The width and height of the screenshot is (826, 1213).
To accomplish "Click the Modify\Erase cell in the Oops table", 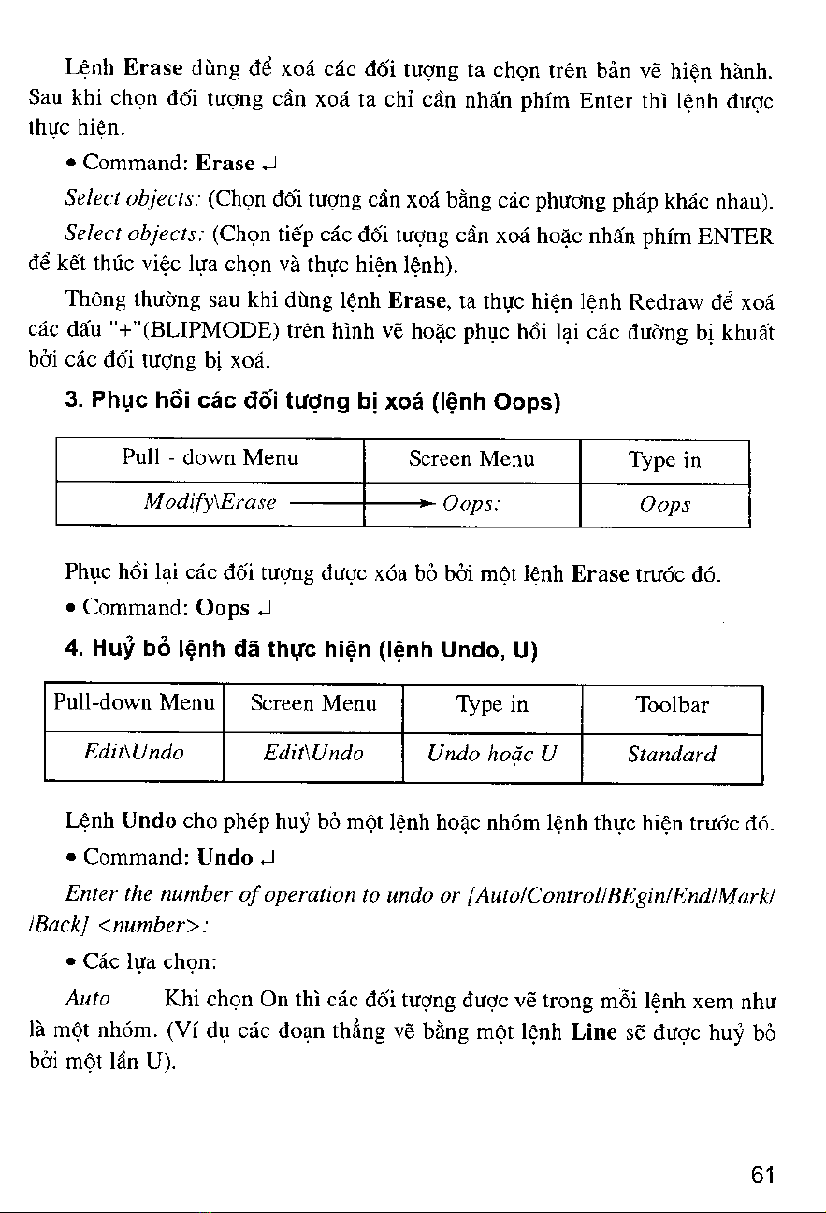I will point(210,502).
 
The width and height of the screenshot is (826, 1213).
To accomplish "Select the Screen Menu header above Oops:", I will point(471,459).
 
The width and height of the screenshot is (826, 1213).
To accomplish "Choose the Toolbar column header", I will point(672,705).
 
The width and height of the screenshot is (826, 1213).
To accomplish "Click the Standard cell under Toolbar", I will point(672,754).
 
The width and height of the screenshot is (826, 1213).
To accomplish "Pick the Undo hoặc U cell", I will point(492,754).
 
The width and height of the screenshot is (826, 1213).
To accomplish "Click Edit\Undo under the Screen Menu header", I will point(313,752).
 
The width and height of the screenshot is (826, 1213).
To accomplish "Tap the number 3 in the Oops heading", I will point(71,403).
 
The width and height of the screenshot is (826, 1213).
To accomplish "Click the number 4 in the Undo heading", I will point(71,648).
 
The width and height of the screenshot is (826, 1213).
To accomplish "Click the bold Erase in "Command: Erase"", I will point(225,164).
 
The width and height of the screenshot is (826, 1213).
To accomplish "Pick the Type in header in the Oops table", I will point(665,459).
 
